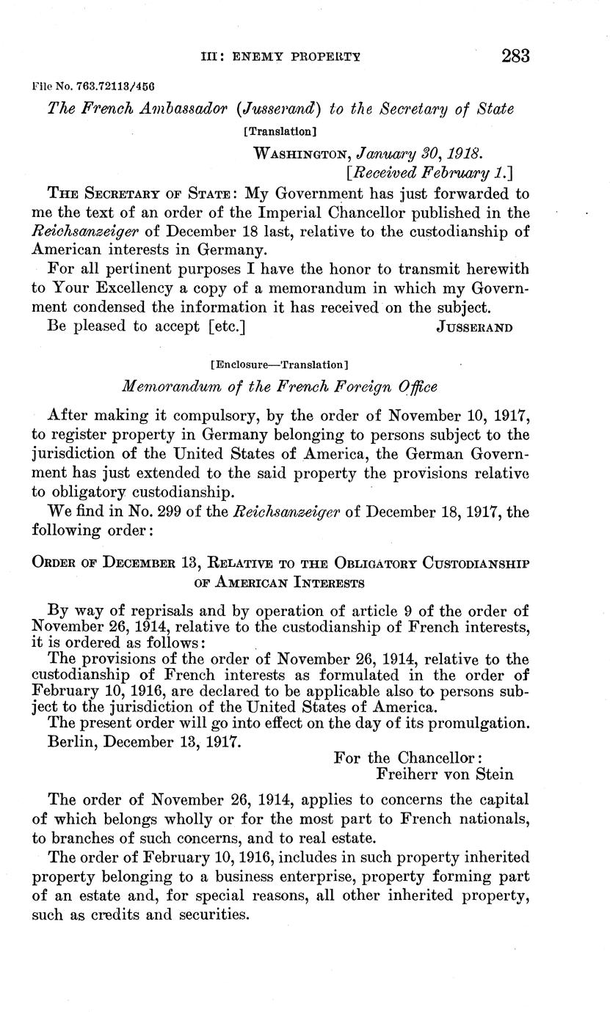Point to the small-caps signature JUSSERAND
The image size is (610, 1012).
(x=474, y=327)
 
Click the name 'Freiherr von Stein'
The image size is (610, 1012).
(x=443, y=774)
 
